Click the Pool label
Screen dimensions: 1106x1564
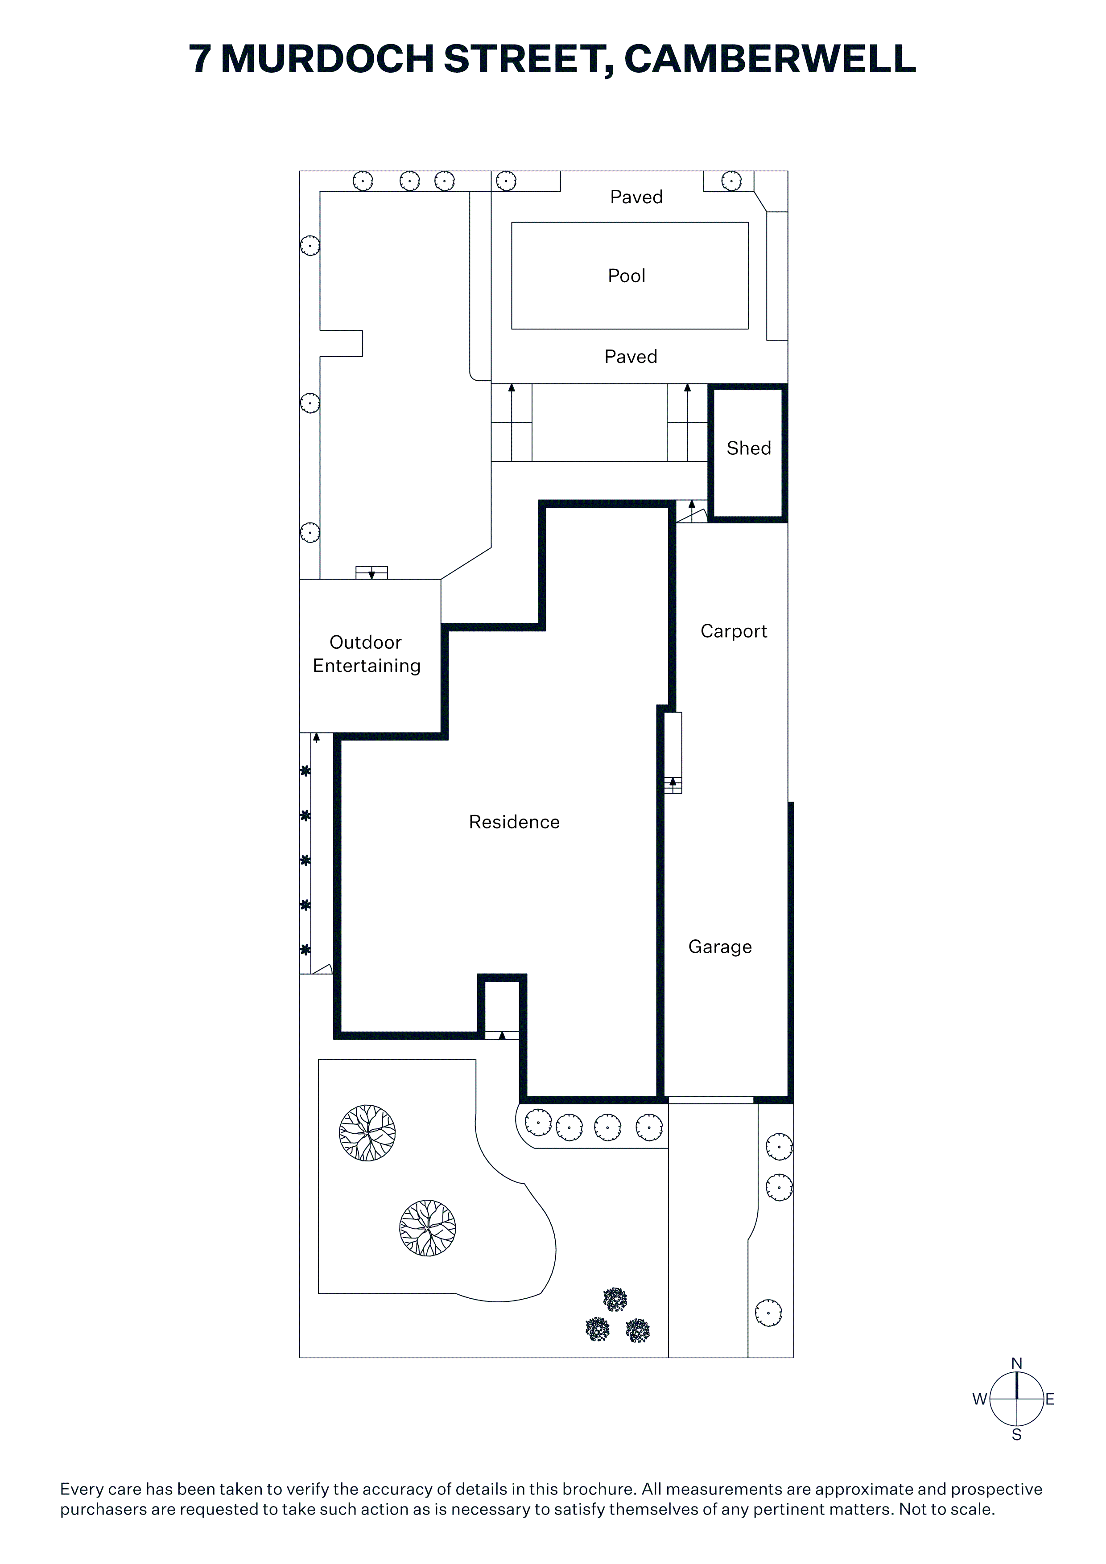coord(626,276)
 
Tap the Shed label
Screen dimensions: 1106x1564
coord(748,448)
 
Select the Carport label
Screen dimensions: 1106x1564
coord(733,631)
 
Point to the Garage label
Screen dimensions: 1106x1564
coord(720,947)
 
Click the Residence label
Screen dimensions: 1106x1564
coord(514,822)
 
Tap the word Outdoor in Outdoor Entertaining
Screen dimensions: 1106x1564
coord(365,642)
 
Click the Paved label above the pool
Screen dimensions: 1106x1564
coord(636,197)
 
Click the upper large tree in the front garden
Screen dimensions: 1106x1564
coord(367,1133)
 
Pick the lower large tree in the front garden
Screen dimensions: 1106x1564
coord(427,1228)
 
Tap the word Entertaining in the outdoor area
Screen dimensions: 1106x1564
coord(366,666)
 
